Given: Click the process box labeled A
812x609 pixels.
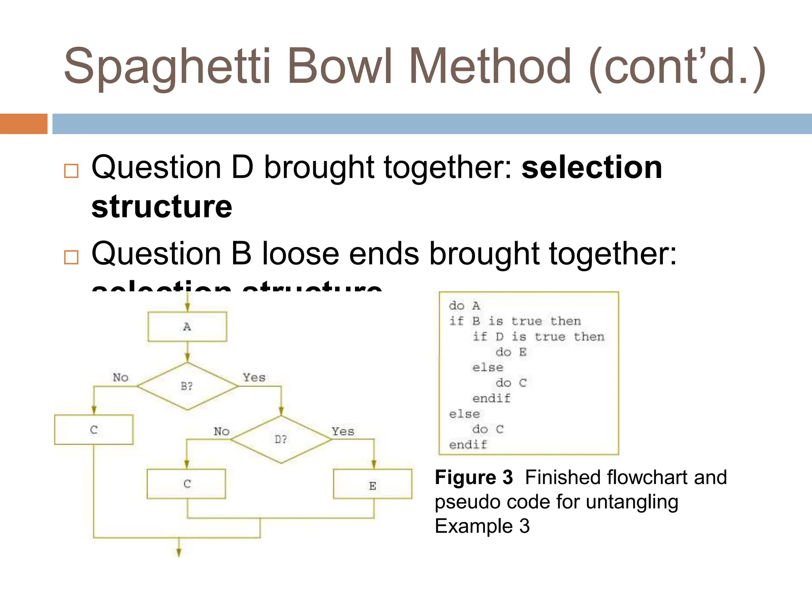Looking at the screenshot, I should [187, 327].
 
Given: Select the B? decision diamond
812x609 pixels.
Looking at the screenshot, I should [187, 386].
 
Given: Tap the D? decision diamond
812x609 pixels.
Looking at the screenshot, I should [281, 439].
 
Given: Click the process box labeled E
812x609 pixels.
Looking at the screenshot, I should [373, 485].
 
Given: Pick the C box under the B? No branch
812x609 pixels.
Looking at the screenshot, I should [94, 430].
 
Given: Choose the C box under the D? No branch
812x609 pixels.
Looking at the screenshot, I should [186, 484].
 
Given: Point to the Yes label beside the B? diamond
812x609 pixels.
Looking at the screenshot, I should [254, 377].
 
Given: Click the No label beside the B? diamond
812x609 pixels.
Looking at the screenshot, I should [121, 377].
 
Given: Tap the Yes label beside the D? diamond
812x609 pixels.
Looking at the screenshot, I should [343, 431].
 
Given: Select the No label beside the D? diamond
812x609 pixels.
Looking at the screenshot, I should [222, 431].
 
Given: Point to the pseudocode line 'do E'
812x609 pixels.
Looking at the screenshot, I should [511, 352].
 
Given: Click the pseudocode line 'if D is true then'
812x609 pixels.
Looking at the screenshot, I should [538, 337].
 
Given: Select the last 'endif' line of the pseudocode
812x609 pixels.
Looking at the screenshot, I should [468, 444].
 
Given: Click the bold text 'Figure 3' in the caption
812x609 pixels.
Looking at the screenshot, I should [474, 477].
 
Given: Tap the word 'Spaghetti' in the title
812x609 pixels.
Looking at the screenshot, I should [167, 67].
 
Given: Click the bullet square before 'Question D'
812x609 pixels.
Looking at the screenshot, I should [71, 171].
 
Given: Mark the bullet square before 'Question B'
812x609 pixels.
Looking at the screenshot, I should [71, 257].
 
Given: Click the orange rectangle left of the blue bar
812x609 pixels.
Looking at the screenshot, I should [23, 124].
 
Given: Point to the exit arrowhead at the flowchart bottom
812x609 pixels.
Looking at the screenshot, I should [179, 552].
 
